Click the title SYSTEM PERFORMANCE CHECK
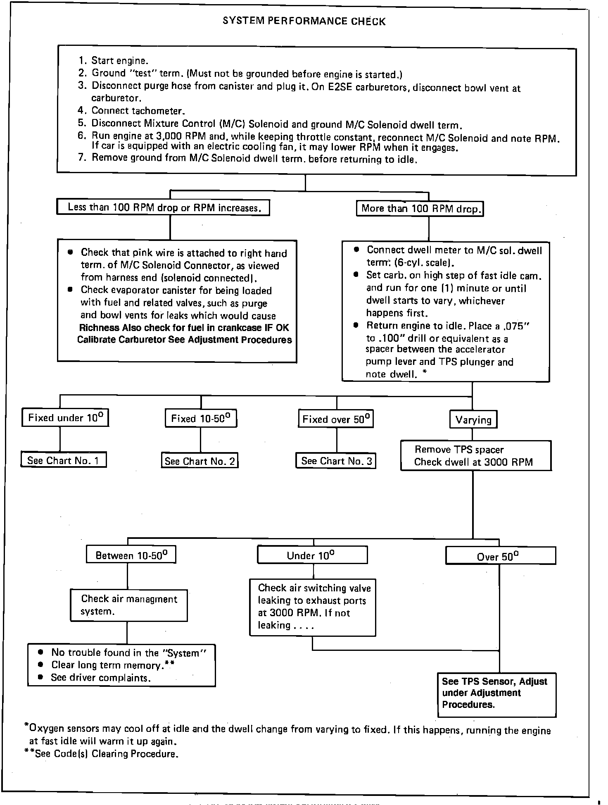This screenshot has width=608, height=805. point(304,21)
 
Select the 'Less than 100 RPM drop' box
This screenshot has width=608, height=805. point(163,207)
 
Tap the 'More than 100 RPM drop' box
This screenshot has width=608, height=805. point(420,208)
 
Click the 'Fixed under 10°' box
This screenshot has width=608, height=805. point(65,418)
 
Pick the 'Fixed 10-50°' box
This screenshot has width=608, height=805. point(201,419)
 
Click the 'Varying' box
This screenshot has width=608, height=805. point(473,420)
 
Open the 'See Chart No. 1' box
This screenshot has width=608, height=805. point(64,460)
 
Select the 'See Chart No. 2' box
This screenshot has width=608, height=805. point(200,461)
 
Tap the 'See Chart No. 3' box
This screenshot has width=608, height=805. point(336,460)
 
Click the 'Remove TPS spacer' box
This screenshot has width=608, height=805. point(476,455)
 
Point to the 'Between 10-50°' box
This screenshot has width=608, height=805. point(131,555)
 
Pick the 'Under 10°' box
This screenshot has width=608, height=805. point(312,555)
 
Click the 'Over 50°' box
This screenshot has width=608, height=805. point(501,556)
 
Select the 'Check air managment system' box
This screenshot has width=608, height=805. point(128,605)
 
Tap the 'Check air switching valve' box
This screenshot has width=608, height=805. point(313,606)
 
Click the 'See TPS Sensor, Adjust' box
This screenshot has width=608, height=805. point(497,695)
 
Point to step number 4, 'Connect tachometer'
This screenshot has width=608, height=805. point(138,111)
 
